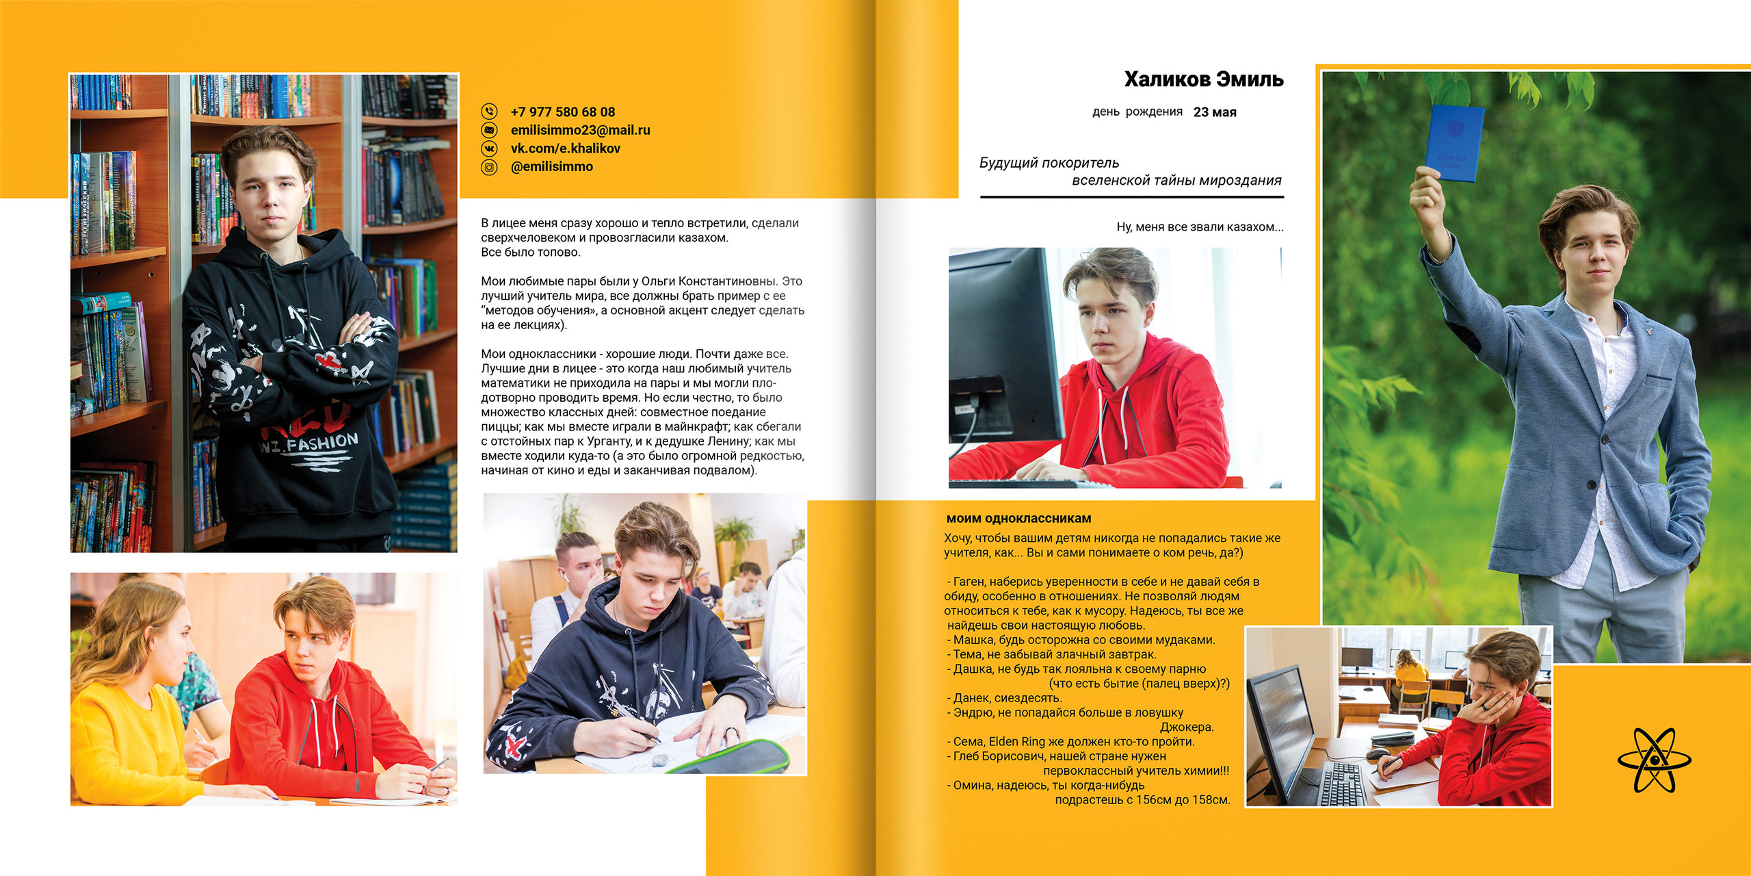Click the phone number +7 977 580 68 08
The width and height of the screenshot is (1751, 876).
coord(562,112)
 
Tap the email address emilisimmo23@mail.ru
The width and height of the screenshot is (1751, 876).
coord(580,130)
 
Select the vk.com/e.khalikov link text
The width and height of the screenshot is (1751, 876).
coord(565,149)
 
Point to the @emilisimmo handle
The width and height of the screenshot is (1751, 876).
coord(551,166)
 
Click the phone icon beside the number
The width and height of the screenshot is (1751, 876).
coord(489,111)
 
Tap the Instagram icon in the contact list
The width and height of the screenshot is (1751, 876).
coord(489,167)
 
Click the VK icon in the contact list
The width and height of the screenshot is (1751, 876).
coord(489,149)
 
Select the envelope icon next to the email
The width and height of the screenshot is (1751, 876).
coord(489,130)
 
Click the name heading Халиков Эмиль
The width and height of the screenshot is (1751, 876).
coord(1203,79)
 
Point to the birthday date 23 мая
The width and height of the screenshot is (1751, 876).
coord(1214,112)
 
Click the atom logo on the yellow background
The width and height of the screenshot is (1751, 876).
coord(1654,760)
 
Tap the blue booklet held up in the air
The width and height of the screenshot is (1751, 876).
coord(1454,143)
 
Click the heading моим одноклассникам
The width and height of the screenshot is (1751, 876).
coord(1018,519)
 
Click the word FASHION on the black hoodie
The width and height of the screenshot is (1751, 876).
coord(322,442)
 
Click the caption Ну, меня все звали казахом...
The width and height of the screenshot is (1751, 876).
coord(1199,227)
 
